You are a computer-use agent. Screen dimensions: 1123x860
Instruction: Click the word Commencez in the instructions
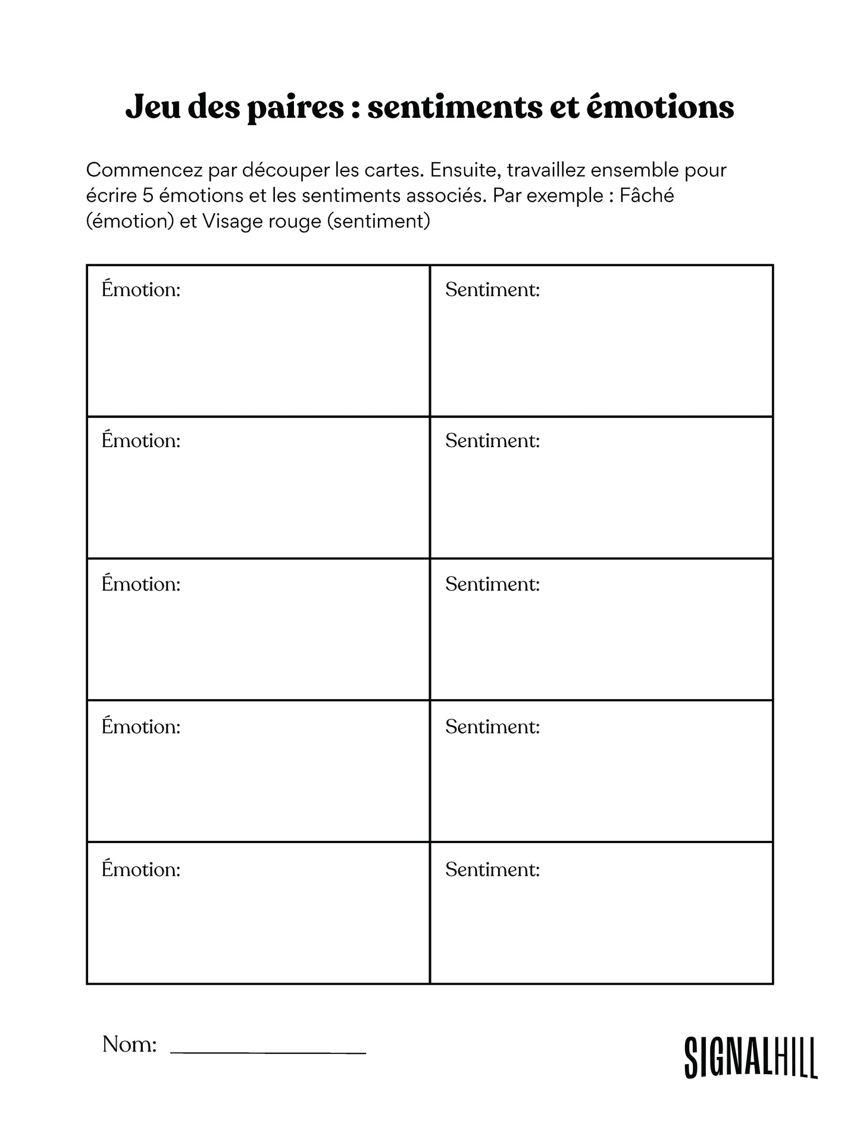(x=145, y=170)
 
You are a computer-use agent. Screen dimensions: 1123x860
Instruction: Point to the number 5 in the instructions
(x=148, y=196)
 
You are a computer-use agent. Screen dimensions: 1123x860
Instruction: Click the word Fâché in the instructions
(x=646, y=195)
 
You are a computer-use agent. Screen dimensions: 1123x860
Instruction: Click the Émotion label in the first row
(x=141, y=289)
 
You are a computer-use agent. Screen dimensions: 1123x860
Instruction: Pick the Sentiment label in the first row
(x=492, y=290)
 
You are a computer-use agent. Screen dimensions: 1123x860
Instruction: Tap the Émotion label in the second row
(x=141, y=441)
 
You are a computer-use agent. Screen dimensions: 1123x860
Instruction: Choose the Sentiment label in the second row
(x=492, y=441)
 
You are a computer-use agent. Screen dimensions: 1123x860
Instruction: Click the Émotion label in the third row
(x=141, y=584)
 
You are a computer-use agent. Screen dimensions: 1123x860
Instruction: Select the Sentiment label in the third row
(x=492, y=584)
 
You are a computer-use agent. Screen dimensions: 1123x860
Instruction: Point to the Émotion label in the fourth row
(x=141, y=726)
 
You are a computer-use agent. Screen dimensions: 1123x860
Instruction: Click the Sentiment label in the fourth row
(x=492, y=727)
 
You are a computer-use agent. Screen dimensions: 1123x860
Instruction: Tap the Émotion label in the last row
(x=141, y=869)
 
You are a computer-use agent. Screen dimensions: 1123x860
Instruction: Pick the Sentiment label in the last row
(x=492, y=870)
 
